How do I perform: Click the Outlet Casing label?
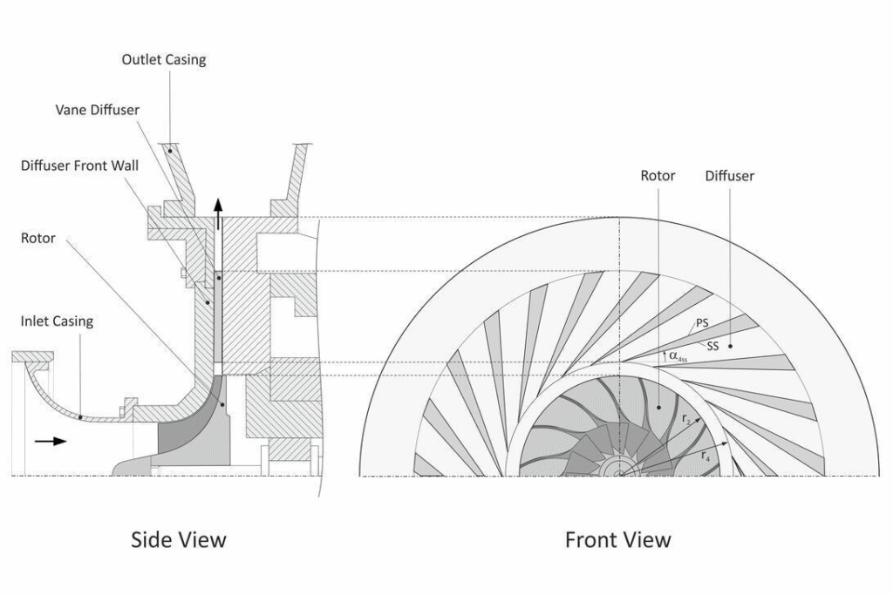(x=163, y=60)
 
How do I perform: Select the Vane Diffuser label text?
(x=98, y=110)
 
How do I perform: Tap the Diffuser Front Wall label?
(x=79, y=166)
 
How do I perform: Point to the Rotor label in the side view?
(x=38, y=238)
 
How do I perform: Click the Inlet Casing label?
(x=57, y=321)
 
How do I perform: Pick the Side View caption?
(x=178, y=539)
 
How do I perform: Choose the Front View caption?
(x=618, y=539)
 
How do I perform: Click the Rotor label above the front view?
(x=658, y=176)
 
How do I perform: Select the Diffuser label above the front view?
(x=730, y=176)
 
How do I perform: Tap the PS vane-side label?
(x=702, y=323)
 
